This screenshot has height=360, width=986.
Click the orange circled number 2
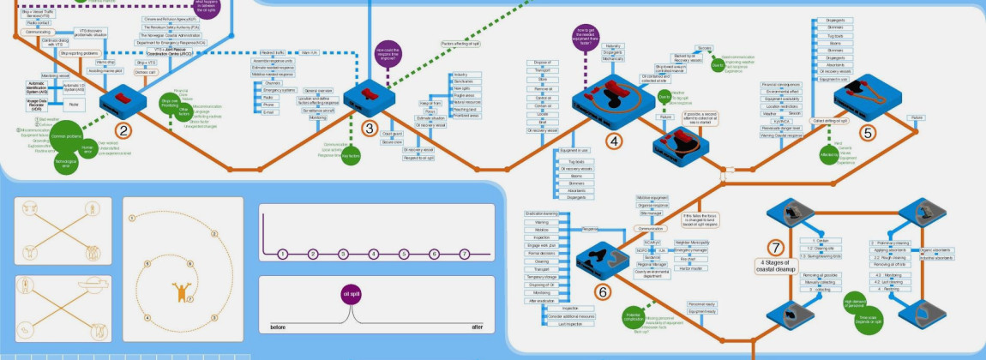click(125, 131)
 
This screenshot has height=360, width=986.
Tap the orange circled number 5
click(868, 133)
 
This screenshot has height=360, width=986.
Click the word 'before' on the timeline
click(278, 327)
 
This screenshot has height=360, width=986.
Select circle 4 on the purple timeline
click(373, 254)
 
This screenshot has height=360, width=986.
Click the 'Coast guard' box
click(392, 134)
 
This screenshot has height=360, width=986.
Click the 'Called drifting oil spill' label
click(803, 122)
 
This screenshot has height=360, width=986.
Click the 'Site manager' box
click(652, 213)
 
